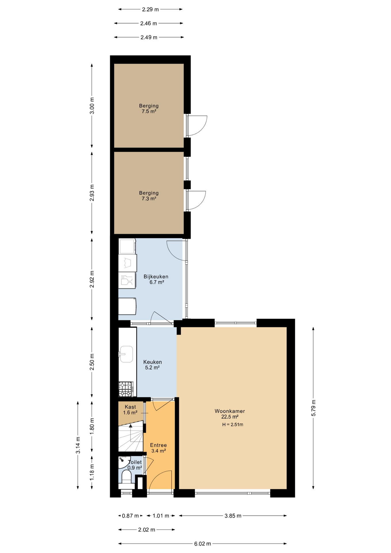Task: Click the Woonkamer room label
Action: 230,411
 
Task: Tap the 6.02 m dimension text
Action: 202,543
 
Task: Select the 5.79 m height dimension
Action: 314,408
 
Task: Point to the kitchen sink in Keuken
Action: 126,354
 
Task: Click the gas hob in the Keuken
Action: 126,389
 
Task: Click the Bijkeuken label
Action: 156,276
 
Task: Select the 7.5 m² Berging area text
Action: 149,111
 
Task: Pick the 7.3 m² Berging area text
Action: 149,198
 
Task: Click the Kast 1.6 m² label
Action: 130,410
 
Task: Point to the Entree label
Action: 158,445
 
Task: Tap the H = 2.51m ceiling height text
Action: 233,424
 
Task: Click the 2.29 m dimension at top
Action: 150,9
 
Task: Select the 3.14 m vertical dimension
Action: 78,445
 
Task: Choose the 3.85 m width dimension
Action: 233,516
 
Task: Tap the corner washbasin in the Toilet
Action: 124,462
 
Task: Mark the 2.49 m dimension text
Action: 149,37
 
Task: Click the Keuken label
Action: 153,362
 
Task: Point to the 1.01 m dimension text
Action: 161,516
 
